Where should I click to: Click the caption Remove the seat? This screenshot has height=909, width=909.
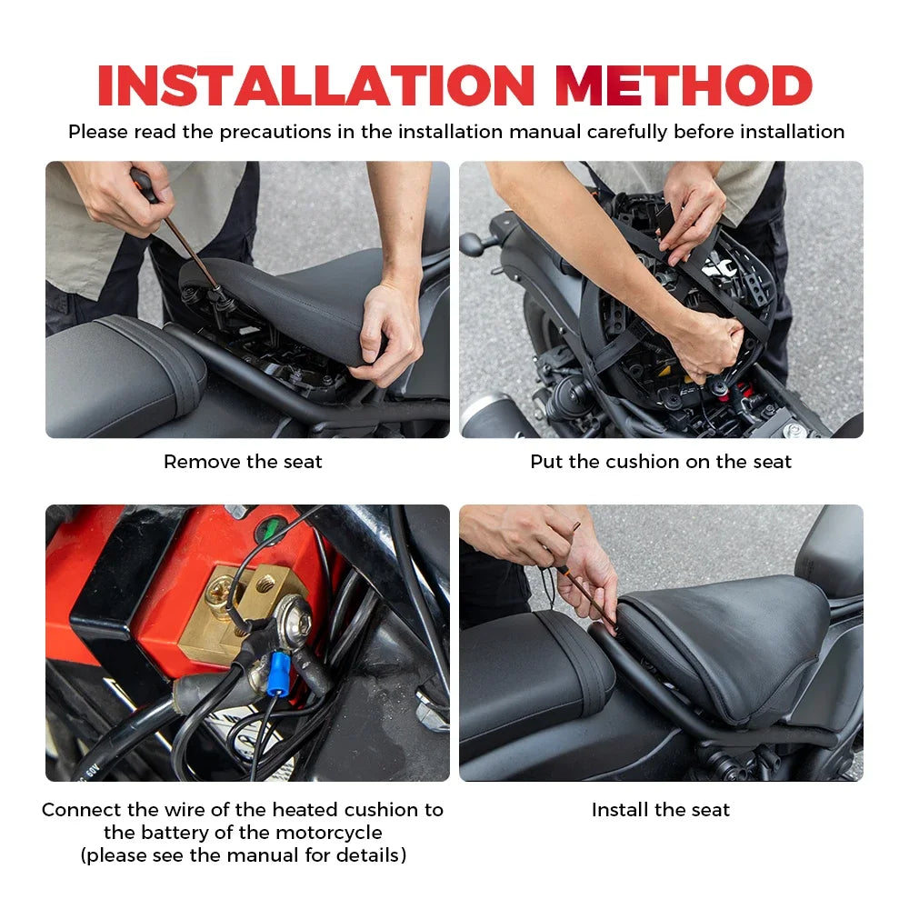coord(243,462)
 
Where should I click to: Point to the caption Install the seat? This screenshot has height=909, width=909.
coord(661,810)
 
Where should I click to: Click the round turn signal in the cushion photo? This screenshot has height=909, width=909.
coord(474,244)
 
